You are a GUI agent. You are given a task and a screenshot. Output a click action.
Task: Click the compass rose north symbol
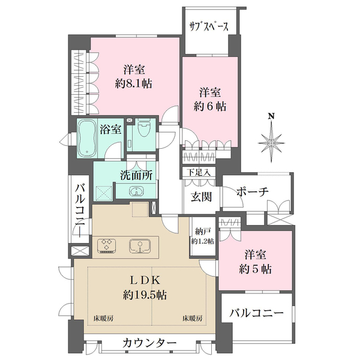272,139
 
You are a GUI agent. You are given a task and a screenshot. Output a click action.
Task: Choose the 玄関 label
201,197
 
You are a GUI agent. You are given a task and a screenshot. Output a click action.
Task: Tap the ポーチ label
252,191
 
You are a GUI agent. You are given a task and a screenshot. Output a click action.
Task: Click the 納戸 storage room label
202,231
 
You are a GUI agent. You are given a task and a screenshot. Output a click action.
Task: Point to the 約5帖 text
257,269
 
